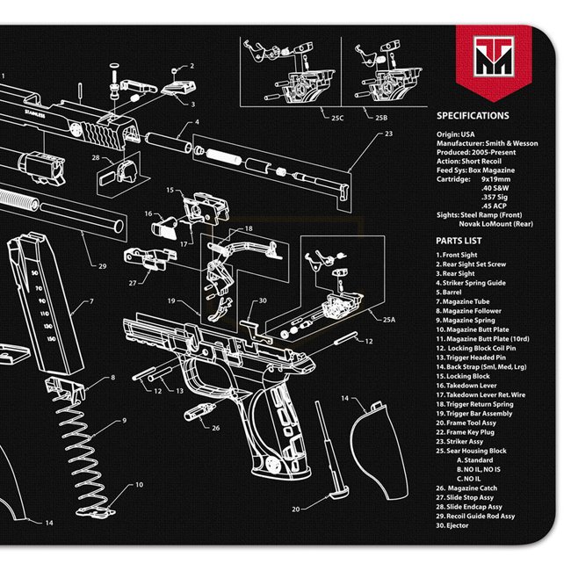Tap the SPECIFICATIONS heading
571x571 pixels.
click(473, 115)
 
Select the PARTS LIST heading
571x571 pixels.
click(459, 239)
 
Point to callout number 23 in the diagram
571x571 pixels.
click(388, 134)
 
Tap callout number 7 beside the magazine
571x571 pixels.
click(91, 303)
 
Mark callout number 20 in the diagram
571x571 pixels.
click(296, 509)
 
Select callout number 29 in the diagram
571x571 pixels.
click(103, 266)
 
